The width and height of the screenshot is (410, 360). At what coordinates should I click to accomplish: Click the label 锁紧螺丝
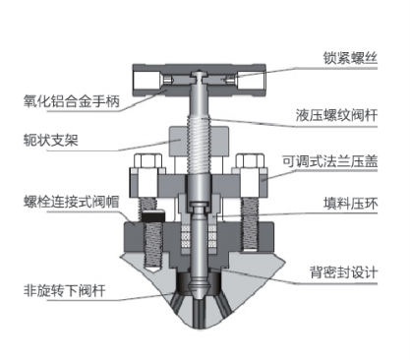350,58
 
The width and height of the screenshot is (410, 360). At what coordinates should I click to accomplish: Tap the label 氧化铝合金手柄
72,101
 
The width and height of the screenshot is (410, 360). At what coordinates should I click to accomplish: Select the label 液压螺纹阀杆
336,115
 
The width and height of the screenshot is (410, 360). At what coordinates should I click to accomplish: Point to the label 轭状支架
51,140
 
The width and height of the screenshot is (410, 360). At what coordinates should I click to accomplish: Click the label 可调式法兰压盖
330,161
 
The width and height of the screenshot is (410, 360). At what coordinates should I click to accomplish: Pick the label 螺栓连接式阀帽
72,202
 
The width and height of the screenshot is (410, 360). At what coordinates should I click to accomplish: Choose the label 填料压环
350,204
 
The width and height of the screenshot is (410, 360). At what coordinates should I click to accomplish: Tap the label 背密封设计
343,272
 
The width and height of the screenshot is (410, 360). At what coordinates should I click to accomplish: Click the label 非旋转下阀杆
65,290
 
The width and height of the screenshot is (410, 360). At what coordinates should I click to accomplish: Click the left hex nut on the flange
147,160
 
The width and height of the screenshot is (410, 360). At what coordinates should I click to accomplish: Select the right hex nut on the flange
250,160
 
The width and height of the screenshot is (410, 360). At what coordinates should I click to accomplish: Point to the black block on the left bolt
153,215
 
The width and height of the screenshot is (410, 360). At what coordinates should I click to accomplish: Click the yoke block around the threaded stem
199,142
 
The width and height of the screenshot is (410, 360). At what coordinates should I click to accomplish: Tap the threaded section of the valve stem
199,145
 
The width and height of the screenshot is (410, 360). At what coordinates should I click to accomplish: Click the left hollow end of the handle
146,81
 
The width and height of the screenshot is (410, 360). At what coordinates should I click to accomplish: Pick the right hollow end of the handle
251,81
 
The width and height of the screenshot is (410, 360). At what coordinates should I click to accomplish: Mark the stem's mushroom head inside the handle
199,75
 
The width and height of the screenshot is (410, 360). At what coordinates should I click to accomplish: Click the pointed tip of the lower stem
199,298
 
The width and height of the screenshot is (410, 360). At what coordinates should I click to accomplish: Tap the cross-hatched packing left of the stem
186,236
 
